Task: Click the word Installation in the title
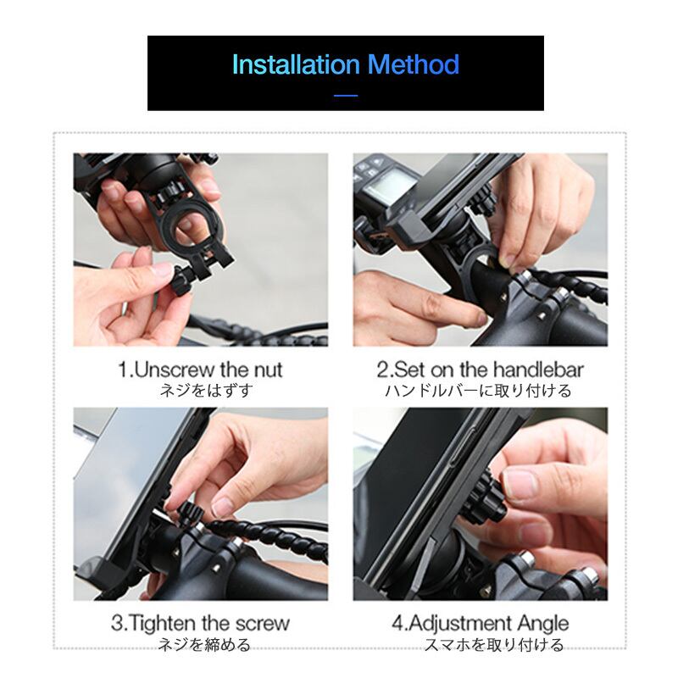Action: click(x=296, y=64)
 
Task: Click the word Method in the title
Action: click(x=413, y=64)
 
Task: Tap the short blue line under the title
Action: click(x=346, y=95)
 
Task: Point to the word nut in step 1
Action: click(x=268, y=370)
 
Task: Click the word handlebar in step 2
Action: click(x=538, y=370)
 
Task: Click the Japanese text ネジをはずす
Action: click(x=206, y=391)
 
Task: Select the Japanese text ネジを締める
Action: click(x=203, y=644)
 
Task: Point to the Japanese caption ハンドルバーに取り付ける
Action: click(x=478, y=391)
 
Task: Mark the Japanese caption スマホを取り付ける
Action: click(x=494, y=644)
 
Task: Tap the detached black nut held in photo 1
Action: click(x=182, y=280)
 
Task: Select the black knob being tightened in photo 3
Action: click(x=191, y=514)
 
